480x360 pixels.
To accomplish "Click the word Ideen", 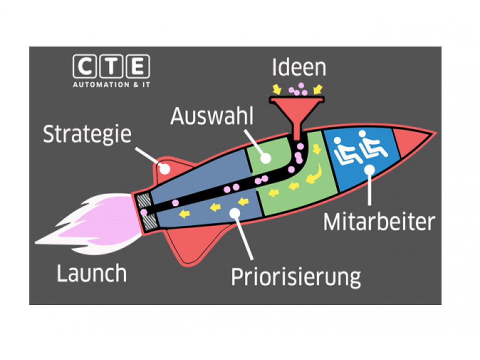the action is (x=299, y=67).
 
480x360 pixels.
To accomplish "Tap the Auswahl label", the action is (x=212, y=116).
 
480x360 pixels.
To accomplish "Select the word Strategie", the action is (x=87, y=134).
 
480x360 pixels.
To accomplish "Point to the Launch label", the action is (x=91, y=273).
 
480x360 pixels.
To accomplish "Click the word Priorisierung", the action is (x=296, y=277).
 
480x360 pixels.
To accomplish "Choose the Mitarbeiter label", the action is (x=379, y=221).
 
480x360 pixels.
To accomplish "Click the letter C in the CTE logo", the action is (x=85, y=66).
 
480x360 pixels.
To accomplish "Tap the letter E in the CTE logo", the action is (x=138, y=66).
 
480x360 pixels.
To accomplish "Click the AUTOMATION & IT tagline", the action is (x=111, y=85).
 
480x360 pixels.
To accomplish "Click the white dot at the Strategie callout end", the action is (x=165, y=168).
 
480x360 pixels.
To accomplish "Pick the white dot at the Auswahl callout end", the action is (x=265, y=158).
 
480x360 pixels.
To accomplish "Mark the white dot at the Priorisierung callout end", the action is (x=235, y=213).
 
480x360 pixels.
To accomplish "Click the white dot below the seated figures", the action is (x=369, y=170).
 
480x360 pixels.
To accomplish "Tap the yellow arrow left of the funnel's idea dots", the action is (x=277, y=89).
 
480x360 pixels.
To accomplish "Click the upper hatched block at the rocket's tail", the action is (x=144, y=200).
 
